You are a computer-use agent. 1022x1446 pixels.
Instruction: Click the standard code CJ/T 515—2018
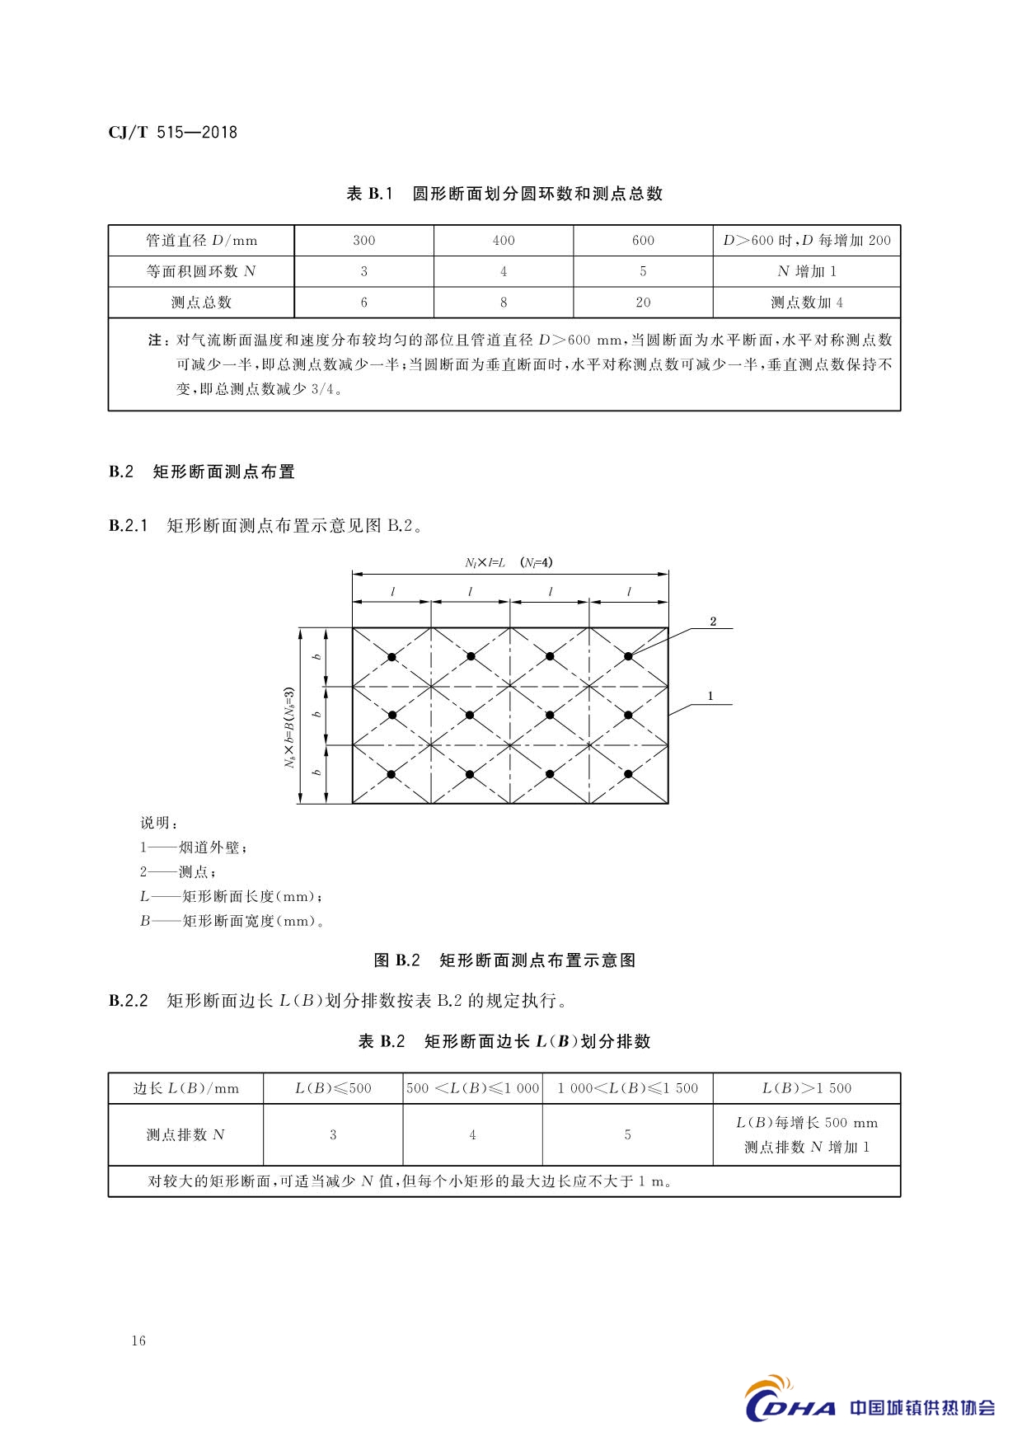(173, 132)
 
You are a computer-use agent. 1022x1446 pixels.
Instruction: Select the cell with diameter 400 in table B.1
(503, 241)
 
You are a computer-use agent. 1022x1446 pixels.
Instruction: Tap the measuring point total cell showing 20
(643, 303)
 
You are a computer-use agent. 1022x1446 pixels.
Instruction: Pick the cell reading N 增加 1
(806, 271)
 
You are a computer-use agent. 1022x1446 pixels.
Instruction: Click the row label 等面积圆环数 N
(201, 271)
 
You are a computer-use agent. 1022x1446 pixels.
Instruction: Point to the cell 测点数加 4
(806, 303)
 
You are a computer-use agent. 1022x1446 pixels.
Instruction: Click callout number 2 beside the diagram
(713, 622)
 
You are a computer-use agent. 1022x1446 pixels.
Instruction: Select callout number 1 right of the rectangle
(710, 697)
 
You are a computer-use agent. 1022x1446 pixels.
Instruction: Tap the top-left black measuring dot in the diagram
(392, 656)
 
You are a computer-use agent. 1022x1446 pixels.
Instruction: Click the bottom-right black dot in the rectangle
(628, 774)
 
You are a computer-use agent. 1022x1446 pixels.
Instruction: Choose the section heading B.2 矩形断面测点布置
(202, 472)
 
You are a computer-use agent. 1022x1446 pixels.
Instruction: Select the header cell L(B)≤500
(333, 1088)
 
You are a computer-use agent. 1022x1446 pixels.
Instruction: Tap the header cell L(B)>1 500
(806, 1088)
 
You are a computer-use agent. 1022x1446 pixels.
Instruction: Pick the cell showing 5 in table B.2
(627, 1135)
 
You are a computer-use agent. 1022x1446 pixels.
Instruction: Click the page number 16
(138, 1341)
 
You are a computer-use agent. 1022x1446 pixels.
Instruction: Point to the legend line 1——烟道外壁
(194, 847)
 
